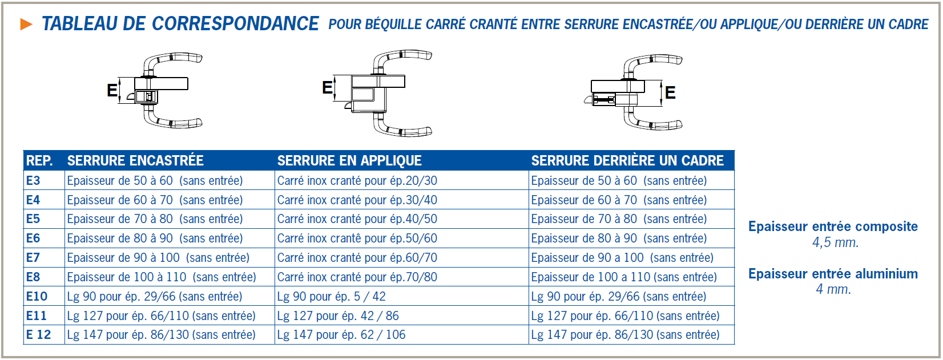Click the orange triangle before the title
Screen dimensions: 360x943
click(26, 24)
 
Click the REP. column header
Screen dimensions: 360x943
click(39, 161)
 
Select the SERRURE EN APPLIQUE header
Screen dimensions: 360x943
click(349, 161)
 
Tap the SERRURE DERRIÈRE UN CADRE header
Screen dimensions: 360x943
click(627, 161)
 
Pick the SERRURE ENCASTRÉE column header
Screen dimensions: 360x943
click(135, 161)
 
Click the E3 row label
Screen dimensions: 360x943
click(33, 181)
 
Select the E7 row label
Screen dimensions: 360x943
click(33, 258)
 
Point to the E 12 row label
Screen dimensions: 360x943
click(38, 335)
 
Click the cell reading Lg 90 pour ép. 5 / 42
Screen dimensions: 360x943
click(331, 297)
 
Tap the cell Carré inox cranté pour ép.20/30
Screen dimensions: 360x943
click(357, 181)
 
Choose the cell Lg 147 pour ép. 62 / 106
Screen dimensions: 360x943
click(341, 335)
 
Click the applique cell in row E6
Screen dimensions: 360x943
click(357, 238)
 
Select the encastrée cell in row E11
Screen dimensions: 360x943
click(161, 316)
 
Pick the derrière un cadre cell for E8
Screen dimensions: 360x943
click(623, 277)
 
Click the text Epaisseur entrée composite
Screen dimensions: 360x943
click(833, 226)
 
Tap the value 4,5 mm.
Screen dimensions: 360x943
click(835, 242)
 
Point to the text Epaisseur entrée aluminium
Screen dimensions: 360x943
click(833, 274)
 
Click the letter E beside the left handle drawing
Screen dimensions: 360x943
click(112, 90)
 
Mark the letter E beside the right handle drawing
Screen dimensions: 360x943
click(670, 92)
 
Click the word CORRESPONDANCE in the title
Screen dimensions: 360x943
click(235, 24)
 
